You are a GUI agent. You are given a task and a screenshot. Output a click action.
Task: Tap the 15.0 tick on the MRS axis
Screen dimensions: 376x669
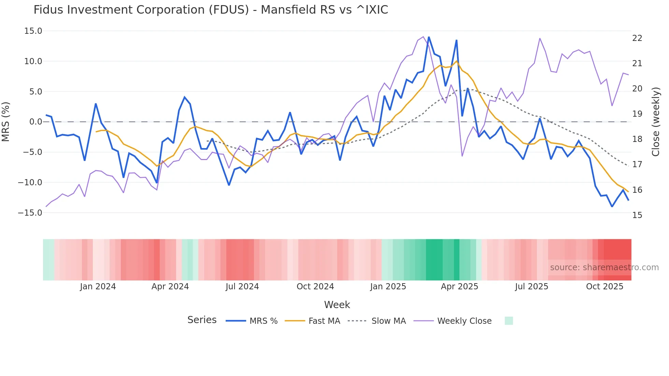point(33,31)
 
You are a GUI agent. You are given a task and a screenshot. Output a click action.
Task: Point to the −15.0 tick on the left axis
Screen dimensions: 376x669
point(30,213)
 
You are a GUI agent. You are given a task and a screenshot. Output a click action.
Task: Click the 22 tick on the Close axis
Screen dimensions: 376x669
point(637,38)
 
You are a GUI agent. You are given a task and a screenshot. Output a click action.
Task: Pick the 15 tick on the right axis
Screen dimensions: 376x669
point(637,215)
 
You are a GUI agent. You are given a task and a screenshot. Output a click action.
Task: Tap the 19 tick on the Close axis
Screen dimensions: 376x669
point(637,114)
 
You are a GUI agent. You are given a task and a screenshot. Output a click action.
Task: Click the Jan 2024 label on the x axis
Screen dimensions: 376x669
point(98,287)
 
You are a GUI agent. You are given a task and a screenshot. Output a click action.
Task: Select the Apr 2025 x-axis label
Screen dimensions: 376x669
point(459,287)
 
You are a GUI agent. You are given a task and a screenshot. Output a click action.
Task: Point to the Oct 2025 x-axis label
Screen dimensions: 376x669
point(604,287)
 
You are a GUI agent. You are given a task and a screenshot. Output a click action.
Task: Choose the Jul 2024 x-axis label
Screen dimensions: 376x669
point(242,287)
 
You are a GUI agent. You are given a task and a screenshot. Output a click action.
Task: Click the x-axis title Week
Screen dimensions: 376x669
point(337,305)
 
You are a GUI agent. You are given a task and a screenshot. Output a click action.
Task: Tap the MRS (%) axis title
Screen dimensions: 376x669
point(6,122)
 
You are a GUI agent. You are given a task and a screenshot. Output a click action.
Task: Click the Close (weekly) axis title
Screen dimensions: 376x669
point(655,122)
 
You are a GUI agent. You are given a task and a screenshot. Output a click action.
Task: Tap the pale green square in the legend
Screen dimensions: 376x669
point(509,321)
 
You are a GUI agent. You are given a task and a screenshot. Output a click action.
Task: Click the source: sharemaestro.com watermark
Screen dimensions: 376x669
point(604,267)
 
